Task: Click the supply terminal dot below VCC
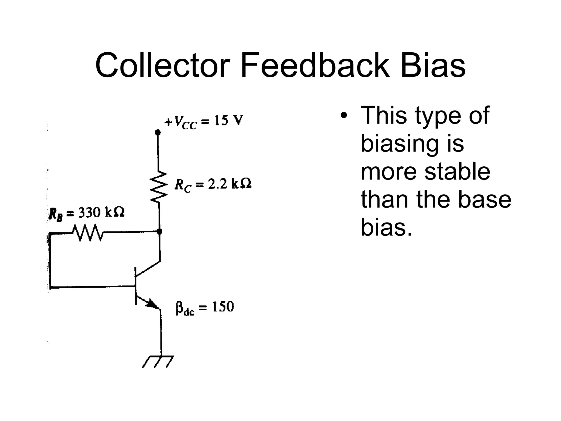coord(158,133)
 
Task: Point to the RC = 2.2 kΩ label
coord(213,185)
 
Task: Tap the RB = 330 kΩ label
coord(87,213)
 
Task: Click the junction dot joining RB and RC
coord(159,232)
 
